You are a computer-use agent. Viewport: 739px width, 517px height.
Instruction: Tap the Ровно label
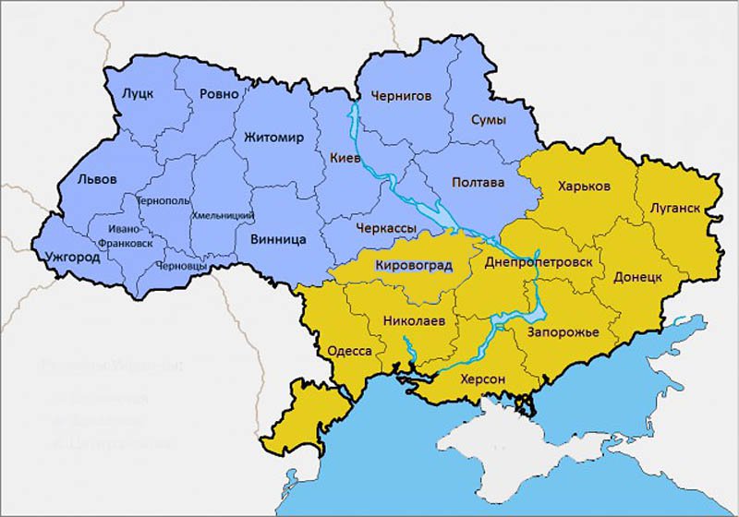[219, 94]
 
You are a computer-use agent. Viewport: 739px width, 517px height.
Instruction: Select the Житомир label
[273, 138]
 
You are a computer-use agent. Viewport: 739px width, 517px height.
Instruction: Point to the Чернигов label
[401, 95]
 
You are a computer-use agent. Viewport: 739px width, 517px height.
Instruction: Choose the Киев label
[345, 159]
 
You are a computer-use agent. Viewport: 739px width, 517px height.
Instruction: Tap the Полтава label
[478, 183]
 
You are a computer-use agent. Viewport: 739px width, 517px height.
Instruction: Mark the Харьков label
[584, 186]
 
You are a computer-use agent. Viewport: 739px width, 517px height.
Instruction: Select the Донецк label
[636, 276]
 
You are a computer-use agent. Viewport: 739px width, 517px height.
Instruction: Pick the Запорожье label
[563, 331]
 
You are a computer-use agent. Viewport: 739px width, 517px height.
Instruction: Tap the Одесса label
[350, 352]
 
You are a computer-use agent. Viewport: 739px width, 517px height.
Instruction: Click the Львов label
[97, 179]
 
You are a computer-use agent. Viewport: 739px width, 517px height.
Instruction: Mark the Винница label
[278, 239]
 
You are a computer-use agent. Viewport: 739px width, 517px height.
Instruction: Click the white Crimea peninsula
[517, 443]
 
